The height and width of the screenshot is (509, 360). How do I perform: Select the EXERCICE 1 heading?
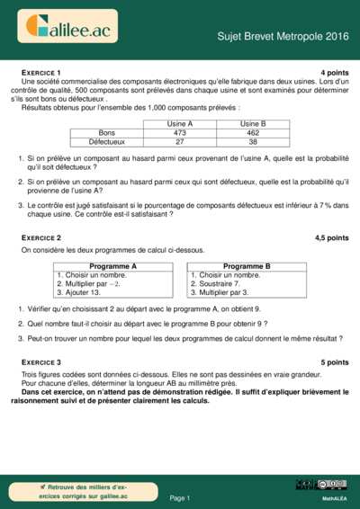40,71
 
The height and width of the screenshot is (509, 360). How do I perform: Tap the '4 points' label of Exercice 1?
334,71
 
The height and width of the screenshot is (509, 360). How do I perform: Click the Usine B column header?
252,123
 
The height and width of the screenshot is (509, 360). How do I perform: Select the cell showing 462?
252,132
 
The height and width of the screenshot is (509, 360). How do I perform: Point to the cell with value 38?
252,142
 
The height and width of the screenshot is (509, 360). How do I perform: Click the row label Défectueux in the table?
106,142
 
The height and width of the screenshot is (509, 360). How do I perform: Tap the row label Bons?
106,132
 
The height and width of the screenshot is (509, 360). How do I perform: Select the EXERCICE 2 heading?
40,237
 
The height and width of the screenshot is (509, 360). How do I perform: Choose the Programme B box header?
247,266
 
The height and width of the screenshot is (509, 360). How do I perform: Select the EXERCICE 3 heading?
40,362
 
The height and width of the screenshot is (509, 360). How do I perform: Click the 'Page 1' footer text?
179,496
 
